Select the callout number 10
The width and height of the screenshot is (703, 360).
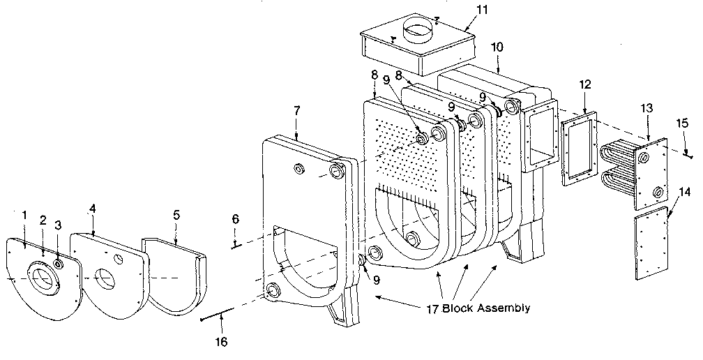tap(496, 47)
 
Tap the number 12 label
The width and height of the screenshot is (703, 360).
tap(584, 84)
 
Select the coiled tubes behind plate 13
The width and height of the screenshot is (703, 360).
tap(615, 171)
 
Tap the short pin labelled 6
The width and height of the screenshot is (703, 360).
tap(236, 244)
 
